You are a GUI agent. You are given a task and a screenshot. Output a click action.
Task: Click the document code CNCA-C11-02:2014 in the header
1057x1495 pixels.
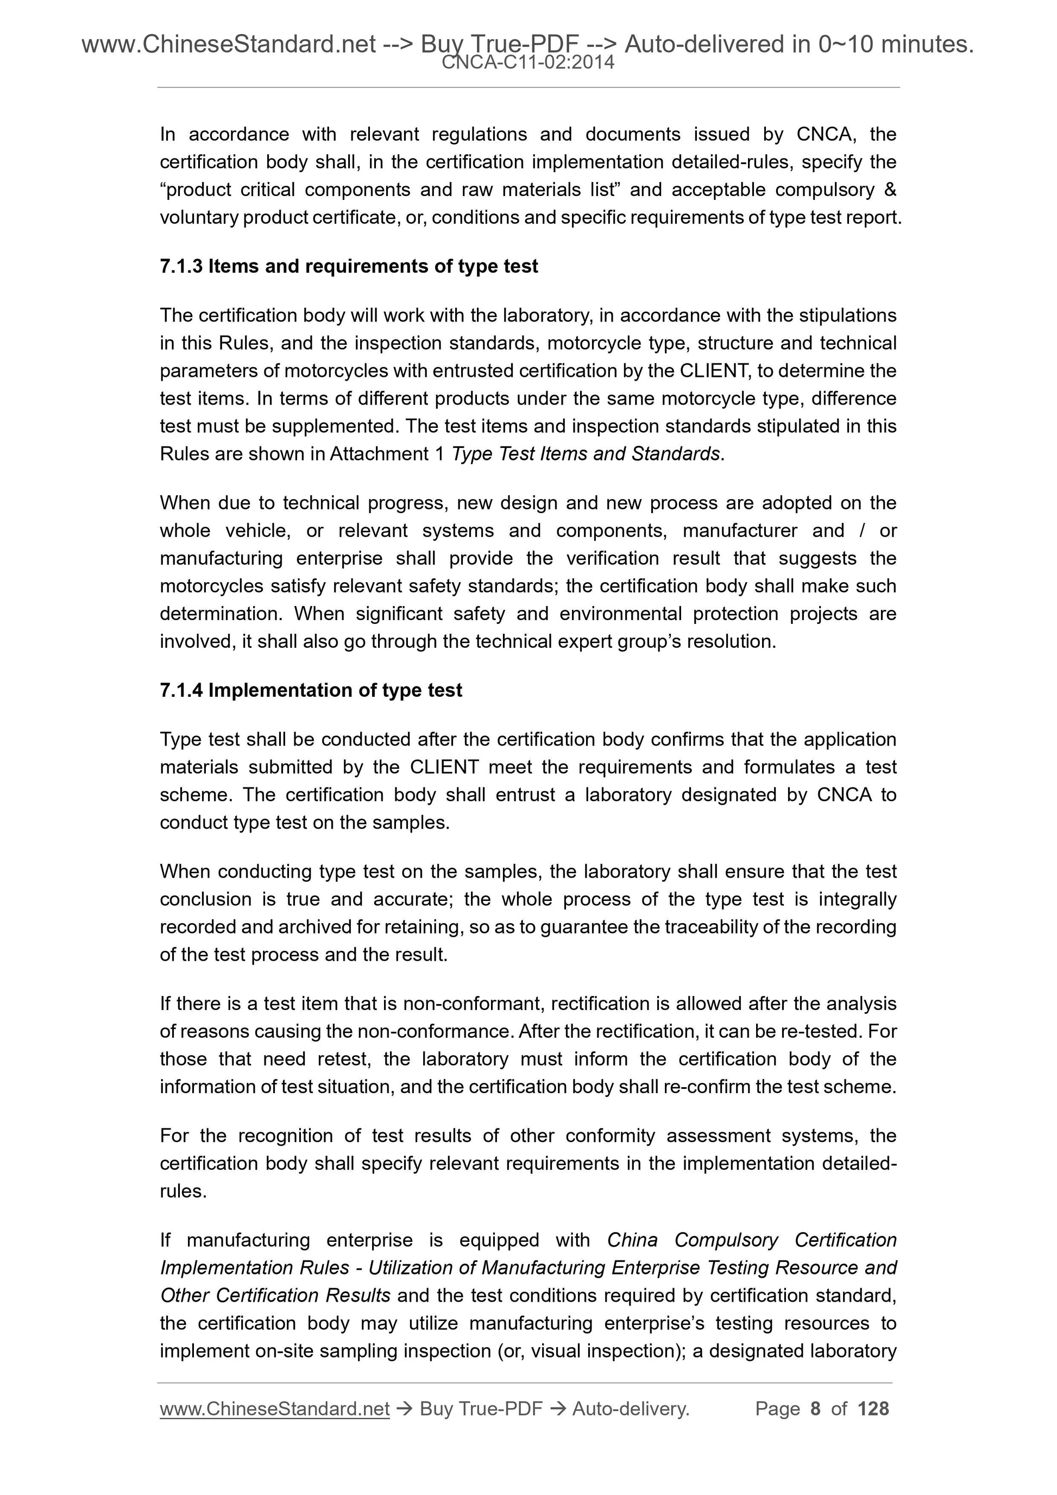pyautogui.click(x=527, y=62)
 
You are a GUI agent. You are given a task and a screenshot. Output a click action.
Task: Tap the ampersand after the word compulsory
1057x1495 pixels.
pyautogui.click(x=890, y=190)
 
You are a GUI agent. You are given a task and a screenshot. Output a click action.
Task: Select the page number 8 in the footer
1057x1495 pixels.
pyautogui.click(x=815, y=1409)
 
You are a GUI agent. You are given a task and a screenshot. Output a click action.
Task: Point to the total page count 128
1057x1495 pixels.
pyautogui.click(x=873, y=1409)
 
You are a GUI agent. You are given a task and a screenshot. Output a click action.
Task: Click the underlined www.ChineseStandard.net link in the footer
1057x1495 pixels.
pyautogui.click(x=274, y=1409)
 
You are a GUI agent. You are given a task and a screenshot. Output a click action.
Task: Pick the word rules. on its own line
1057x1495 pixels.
pyautogui.click(x=183, y=1191)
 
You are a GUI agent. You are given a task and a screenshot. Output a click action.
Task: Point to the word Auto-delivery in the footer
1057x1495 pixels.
pyautogui.click(x=631, y=1409)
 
